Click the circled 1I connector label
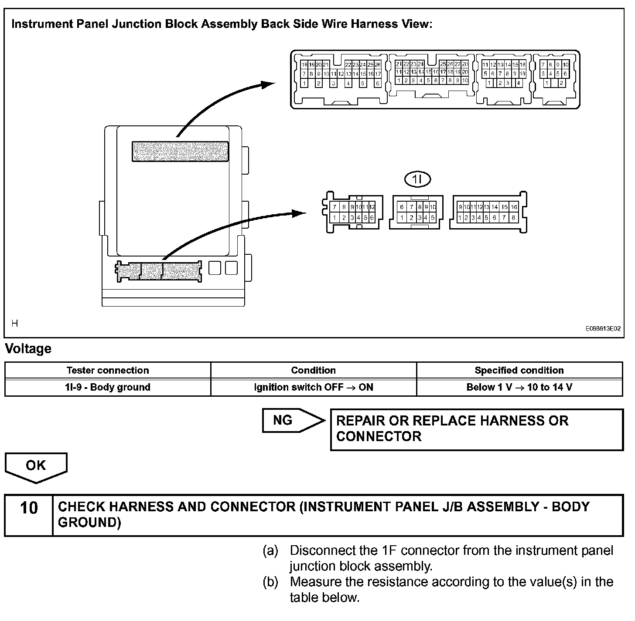(417, 179)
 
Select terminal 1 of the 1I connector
(402, 217)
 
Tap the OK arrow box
(36, 466)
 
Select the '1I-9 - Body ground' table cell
(107, 387)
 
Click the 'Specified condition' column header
(519, 370)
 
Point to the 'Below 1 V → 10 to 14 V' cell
(519, 387)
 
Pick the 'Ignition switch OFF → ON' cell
(313, 387)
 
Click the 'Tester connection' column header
(107, 370)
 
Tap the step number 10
(29, 508)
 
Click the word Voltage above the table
(28, 349)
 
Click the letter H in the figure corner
(15, 323)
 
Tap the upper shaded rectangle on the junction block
(180, 151)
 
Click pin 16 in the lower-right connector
(514, 207)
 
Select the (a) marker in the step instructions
(270, 550)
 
